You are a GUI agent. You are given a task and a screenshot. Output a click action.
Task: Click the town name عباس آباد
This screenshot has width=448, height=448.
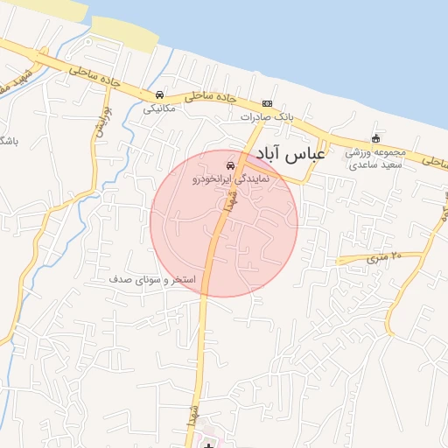point(292,154)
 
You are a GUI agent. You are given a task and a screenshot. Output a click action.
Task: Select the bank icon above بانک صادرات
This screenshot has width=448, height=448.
point(267,103)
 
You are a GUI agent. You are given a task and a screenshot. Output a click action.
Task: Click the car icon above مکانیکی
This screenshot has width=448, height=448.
point(159,94)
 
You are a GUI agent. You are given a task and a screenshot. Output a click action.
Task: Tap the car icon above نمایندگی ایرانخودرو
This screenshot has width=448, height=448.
point(230,164)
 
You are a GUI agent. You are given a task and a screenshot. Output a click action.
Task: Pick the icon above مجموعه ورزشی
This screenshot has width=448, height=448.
point(375,138)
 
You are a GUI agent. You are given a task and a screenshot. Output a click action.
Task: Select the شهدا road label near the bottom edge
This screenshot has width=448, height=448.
point(191,416)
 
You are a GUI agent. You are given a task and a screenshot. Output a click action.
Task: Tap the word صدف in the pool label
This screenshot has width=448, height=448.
point(119,278)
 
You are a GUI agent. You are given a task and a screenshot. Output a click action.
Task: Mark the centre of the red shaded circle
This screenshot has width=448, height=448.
point(224,223)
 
